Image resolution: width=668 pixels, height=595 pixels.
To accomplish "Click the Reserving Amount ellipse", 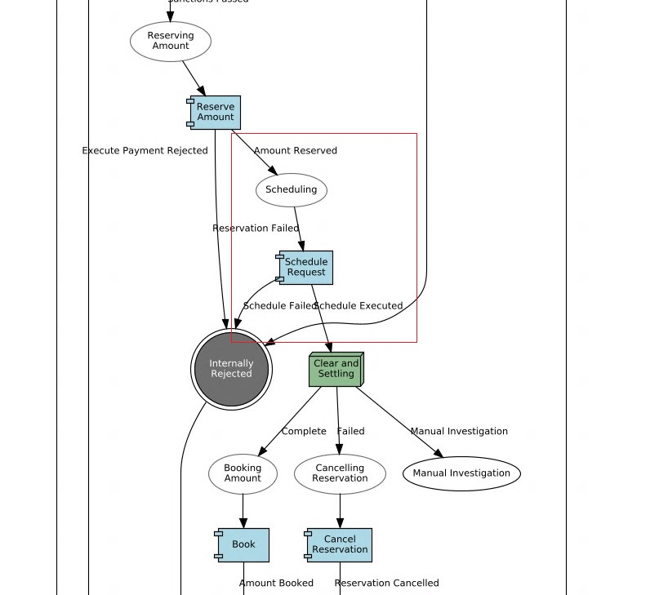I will [x=171, y=41].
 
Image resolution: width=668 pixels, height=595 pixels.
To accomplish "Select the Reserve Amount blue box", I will [x=216, y=113].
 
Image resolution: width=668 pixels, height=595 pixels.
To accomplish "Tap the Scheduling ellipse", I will [x=292, y=190].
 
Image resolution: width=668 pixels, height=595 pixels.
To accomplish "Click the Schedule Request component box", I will [x=306, y=268].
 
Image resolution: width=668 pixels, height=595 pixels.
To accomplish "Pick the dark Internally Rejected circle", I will [x=231, y=369].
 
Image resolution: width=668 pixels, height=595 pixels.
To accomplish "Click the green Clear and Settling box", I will [x=336, y=370].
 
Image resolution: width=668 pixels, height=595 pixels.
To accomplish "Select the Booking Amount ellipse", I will [x=243, y=473].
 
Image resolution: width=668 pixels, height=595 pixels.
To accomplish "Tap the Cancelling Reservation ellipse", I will [x=340, y=473].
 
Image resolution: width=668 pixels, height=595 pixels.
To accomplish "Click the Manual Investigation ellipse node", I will [x=461, y=473].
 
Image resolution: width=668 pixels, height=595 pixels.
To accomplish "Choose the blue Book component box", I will [x=244, y=545].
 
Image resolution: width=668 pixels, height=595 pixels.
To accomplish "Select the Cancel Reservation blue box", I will [x=340, y=545].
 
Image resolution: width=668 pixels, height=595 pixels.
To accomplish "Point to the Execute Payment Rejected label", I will [x=145, y=151].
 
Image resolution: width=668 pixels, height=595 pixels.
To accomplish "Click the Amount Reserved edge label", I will [x=295, y=151].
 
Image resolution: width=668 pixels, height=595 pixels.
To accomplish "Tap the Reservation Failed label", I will [x=256, y=229].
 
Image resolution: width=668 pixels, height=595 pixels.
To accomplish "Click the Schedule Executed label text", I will [x=359, y=306].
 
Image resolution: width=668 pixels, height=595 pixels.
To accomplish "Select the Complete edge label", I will [x=304, y=432].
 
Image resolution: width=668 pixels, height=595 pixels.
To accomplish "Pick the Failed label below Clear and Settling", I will [x=351, y=432].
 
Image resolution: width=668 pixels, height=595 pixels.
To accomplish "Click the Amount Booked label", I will [x=276, y=584].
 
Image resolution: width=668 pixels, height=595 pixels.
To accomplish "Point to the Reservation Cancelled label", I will [x=386, y=584].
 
